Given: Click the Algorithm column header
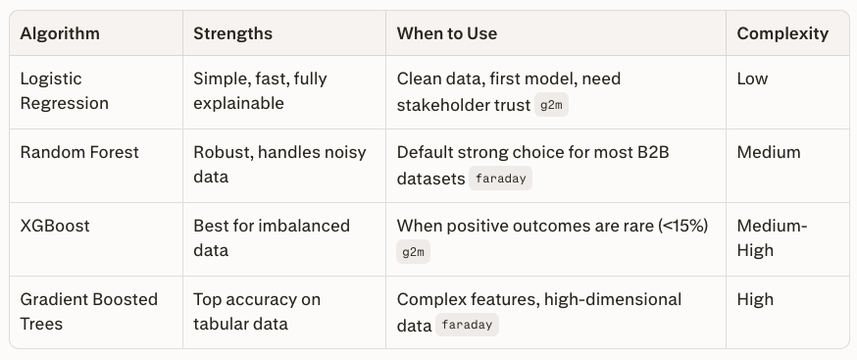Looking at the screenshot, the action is [60, 33].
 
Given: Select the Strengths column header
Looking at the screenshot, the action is [232, 33].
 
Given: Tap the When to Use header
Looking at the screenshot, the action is [447, 33].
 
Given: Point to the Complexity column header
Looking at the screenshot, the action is [782, 34].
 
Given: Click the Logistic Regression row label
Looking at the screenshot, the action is [64, 91].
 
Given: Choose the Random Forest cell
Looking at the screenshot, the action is [79, 152].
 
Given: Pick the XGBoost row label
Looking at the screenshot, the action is [55, 226].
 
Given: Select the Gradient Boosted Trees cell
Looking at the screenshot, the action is [88, 311].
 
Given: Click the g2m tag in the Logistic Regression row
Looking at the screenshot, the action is [551, 105].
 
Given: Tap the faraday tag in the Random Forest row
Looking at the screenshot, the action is [500, 179].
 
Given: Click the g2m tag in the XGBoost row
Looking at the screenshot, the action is [413, 252].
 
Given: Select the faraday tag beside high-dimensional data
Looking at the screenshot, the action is [467, 325].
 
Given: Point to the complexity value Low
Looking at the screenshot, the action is [752, 78].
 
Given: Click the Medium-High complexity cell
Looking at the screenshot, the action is [772, 238].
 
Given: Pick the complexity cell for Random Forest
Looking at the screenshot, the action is [769, 152].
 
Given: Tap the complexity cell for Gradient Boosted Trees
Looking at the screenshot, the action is [755, 299].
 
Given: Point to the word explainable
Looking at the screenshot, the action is [238, 103].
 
